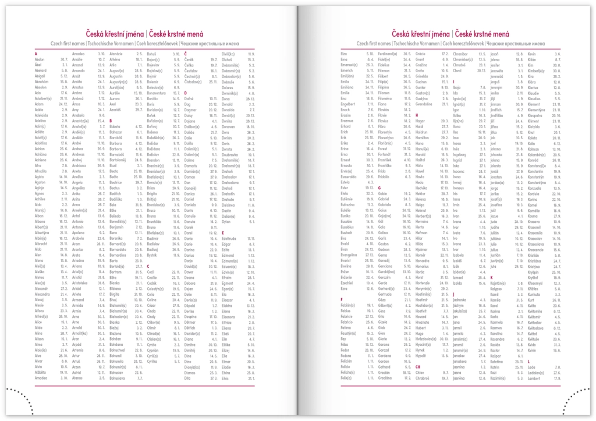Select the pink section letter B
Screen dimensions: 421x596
pyautogui.click(x=111, y=120)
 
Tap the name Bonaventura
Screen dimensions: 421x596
pyautogui.click(x=157, y=93)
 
